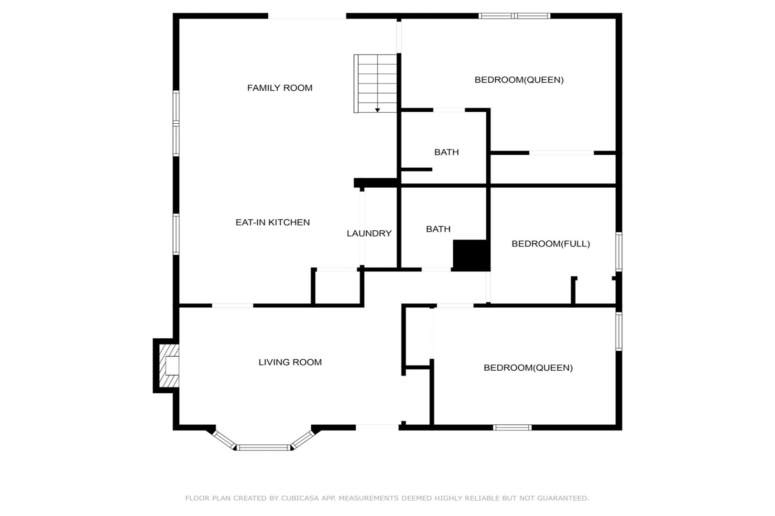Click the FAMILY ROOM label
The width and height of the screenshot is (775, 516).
coord(280,88)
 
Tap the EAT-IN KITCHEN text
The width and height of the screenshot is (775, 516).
coord(273,222)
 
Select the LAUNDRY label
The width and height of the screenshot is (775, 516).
coord(369,234)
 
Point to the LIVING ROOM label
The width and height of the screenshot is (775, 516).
coord(290,362)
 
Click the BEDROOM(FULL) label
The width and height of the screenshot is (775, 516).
coord(550,244)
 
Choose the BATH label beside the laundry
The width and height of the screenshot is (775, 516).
coord(438,229)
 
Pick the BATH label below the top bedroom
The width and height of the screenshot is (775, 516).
coord(447,152)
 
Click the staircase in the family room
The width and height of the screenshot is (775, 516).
coord(375,83)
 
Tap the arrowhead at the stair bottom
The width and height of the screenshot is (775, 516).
coord(378,110)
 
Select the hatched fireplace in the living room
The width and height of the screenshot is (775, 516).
coord(169,365)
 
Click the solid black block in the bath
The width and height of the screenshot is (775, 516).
coord(471,255)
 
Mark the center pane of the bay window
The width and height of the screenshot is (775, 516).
coord(263,448)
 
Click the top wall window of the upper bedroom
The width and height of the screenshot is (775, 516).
coord(514,16)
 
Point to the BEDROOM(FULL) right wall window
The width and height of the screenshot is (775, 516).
coord(619,252)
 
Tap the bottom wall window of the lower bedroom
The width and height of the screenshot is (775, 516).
coord(512,428)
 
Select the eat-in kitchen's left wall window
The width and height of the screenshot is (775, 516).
coord(176,234)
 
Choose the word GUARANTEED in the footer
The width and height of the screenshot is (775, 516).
coord(563,498)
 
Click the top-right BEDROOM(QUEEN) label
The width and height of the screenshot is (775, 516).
coord(519,80)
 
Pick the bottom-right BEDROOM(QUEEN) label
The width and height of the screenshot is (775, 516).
coord(528,367)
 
